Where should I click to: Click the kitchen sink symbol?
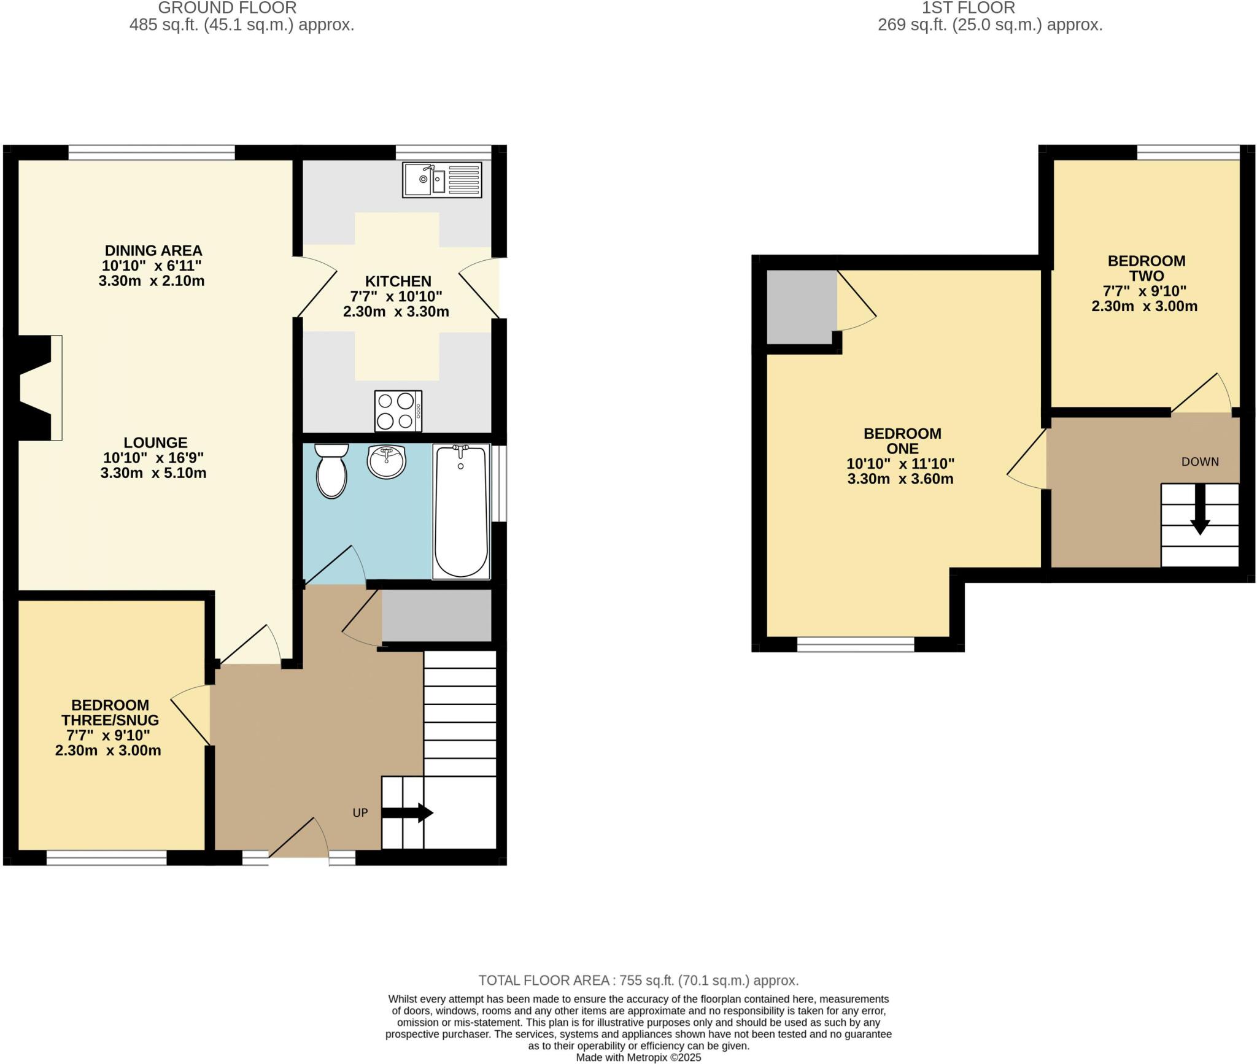tap(442, 180)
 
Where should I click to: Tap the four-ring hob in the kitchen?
tap(398, 411)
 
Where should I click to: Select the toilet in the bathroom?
tap(331, 471)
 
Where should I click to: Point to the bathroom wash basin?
tap(387, 461)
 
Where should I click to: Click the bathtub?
tap(462, 511)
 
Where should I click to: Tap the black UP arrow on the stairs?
tap(408, 812)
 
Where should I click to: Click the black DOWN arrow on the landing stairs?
tap(1200, 509)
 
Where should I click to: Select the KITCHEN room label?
tap(398, 281)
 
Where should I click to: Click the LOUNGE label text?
tap(155, 442)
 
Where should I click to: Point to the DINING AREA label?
tap(153, 250)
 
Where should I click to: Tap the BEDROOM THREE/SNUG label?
tap(110, 712)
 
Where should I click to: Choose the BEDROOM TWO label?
tap(1146, 268)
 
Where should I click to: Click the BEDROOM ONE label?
tap(902, 441)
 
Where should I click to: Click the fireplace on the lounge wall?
tap(36, 388)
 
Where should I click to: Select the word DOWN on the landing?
tap(1200, 461)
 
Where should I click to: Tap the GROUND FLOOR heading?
tap(227, 8)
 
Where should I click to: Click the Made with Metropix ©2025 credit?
tap(638, 1058)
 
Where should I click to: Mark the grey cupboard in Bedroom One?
tap(802, 307)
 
